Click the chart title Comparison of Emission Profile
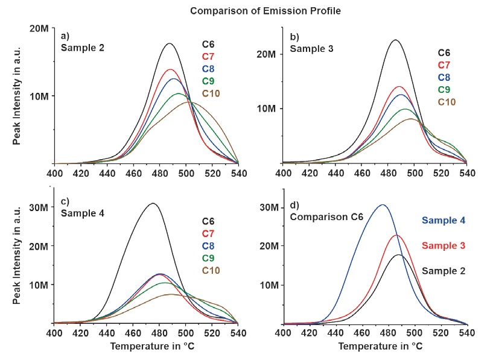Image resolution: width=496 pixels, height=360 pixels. (x=247, y=11)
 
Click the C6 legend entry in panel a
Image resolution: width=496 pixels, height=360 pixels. (x=208, y=43)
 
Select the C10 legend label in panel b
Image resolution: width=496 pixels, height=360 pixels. (x=446, y=102)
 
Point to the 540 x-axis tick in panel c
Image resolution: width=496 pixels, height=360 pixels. (x=238, y=333)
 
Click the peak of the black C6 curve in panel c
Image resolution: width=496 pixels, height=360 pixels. (x=153, y=203)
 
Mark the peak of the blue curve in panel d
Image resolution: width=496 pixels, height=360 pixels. (x=382, y=205)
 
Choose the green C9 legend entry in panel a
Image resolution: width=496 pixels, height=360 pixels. (x=208, y=81)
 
